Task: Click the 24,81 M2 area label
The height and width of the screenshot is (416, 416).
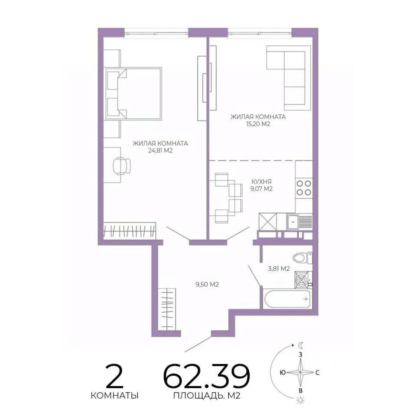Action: click(160, 151)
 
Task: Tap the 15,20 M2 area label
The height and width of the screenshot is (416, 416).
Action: click(258, 124)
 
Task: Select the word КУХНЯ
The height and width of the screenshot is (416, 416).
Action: click(261, 182)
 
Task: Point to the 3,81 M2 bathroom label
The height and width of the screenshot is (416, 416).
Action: click(279, 269)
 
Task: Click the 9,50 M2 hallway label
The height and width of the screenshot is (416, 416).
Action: click(207, 285)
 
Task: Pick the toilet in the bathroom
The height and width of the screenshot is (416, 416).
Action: click(302, 257)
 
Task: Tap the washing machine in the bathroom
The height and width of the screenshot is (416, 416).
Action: click(303, 280)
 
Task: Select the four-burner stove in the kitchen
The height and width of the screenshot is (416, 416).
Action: click(304, 187)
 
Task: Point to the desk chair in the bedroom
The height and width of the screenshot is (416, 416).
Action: click(122, 166)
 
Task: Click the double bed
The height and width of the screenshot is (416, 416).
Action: click(134, 94)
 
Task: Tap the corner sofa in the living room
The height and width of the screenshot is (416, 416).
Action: click(289, 78)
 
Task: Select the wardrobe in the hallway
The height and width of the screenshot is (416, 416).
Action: click(167, 309)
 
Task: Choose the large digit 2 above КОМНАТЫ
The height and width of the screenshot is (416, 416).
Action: click(114, 376)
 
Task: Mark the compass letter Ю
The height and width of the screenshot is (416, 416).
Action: click(283, 373)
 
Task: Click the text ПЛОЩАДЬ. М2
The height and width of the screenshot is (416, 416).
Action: click(207, 396)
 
